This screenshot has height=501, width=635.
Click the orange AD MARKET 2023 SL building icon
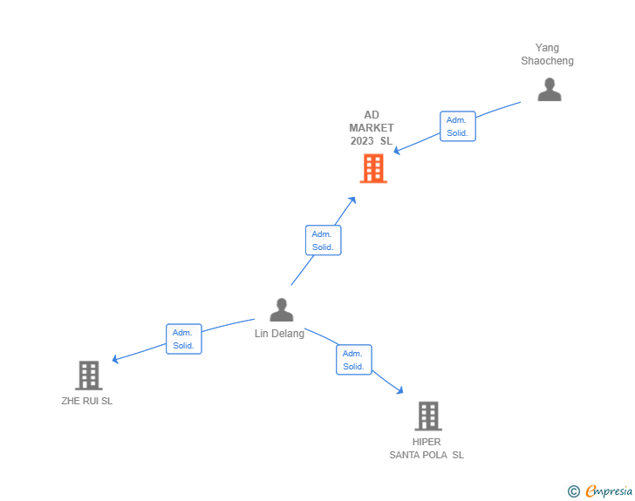click(x=373, y=168)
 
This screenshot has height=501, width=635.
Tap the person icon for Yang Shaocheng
click(x=550, y=90)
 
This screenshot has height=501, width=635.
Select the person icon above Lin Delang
click(x=281, y=309)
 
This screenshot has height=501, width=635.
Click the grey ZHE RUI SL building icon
click(x=88, y=375)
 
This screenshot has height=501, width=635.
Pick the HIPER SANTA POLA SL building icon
click(x=427, y=416)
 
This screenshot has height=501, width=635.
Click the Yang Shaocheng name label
click(x=548, y=54)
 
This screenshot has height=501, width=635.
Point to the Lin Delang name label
click(x=279, y=334)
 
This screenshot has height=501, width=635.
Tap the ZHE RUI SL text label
click(x=86, y=402)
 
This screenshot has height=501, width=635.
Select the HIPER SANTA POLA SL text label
click(x=427, y=449)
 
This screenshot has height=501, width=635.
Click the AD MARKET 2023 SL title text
click(x=372, y=128)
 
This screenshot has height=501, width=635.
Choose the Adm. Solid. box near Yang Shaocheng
click(x=458, y=126)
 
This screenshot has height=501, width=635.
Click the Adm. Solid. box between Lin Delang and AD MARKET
click(x=324, y=240)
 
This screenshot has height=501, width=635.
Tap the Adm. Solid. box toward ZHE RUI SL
click(x=183, y=339)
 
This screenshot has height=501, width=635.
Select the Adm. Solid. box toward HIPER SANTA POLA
click(x=353, y=360)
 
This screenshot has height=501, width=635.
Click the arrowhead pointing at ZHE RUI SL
click(x=115, y=359)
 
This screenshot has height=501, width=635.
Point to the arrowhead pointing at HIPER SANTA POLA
click(x=400, y=391)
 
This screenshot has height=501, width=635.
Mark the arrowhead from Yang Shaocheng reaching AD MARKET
click(x=396, y=151)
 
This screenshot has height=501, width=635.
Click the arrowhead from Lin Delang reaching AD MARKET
click(x=352, y=200)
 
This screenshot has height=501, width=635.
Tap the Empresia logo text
click(x=608, y=491)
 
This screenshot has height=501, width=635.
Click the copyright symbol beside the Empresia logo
click(x=574, y=491)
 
